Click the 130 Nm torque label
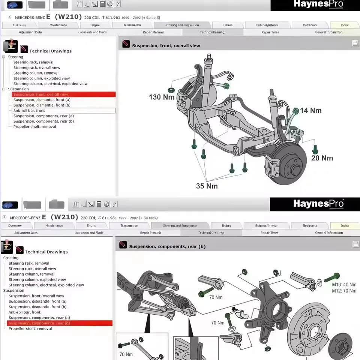[x=162, y=97]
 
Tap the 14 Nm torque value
[x=310, y=111]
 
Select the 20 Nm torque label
[x=322, y=158]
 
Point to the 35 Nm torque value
[x=207, y=186]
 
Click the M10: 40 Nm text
[x=344, y=285]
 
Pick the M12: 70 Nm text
[x=344, y=291]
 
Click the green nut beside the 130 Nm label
[x=171, y=90]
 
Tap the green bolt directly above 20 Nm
[x=315, y=150]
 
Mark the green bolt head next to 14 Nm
[x=295, y=111]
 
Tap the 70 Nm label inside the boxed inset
[x=126, y=354]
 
